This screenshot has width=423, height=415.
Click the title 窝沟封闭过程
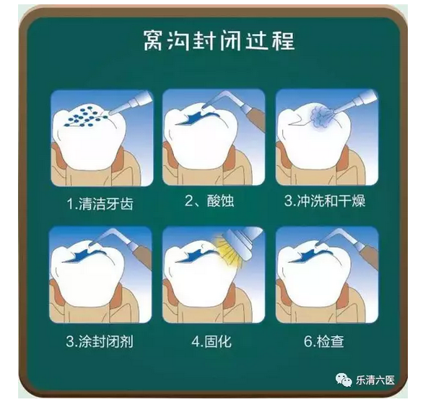[219, 40]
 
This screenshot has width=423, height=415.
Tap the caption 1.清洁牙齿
[100, 204]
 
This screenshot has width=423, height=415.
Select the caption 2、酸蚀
[209, 201]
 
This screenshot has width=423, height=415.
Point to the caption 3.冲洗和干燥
[325, 201]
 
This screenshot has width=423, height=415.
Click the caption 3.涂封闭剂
[100, 341]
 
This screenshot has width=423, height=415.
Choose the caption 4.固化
[211, 341]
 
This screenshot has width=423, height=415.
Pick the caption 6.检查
[324, 341]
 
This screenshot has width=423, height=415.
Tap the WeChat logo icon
[344, 380]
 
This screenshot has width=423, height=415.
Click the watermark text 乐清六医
[375, 380]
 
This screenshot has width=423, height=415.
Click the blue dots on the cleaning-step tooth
[84, 116]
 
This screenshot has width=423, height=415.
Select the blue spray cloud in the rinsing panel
[320, 116]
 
